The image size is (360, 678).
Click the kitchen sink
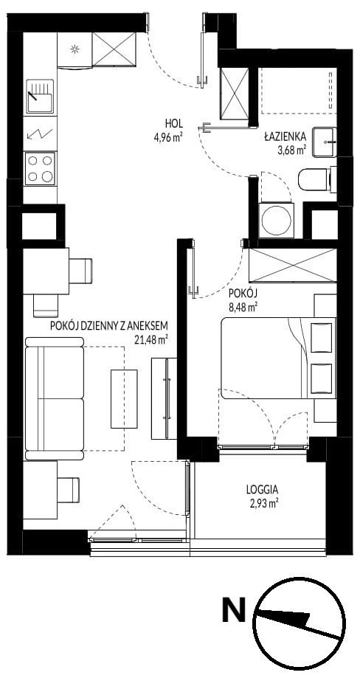pos(40,97)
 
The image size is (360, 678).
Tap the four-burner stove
pos(40,168)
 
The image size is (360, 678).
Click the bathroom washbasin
pos(324,142)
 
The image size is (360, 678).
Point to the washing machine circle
pos(277,220)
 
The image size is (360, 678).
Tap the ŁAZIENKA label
pos(285,136)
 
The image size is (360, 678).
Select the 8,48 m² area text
pos(243,308)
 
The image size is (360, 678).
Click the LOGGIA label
pos(262,491)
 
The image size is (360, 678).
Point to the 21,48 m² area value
pos(150,339)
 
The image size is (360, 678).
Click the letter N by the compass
pos(234,609)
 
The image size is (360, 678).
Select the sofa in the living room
pos(55,398)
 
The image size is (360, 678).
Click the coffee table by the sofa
pos(124,398)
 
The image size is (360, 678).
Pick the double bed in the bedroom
pos(278,358)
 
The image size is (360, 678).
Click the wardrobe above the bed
pos(293,266)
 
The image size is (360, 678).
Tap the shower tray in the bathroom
pos(299,91)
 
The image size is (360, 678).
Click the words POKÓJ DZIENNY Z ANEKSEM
pos(108,325)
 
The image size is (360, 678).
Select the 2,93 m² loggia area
pos(263,503)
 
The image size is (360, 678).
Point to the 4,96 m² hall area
pos(167,137)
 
